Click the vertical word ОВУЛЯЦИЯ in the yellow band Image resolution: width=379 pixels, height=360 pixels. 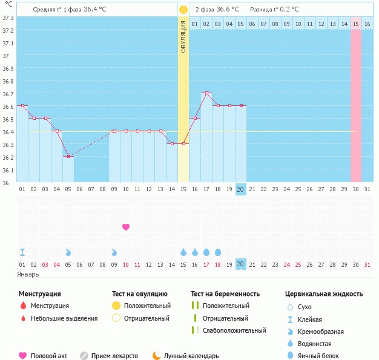(x=183, y=36)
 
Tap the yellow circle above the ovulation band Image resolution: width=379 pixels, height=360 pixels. (x=183, y=10)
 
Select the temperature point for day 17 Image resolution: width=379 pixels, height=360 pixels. (x=206, y=93)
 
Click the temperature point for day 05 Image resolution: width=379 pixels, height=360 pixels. (x=68, y=156)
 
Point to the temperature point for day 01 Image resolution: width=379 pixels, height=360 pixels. (x=22, y=105)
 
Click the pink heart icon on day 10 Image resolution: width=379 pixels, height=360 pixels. (x=126, y=227)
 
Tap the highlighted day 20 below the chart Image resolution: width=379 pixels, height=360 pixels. (x=240, y=264)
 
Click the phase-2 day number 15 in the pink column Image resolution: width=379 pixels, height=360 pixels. (x=356, y=23)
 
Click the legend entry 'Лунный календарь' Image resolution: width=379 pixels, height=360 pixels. (x=185, y=356)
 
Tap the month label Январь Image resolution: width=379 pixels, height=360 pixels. (x=28, y=274)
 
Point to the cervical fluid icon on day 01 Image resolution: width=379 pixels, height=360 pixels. (x=22, y=252)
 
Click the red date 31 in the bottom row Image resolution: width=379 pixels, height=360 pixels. (x=367, y=264)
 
